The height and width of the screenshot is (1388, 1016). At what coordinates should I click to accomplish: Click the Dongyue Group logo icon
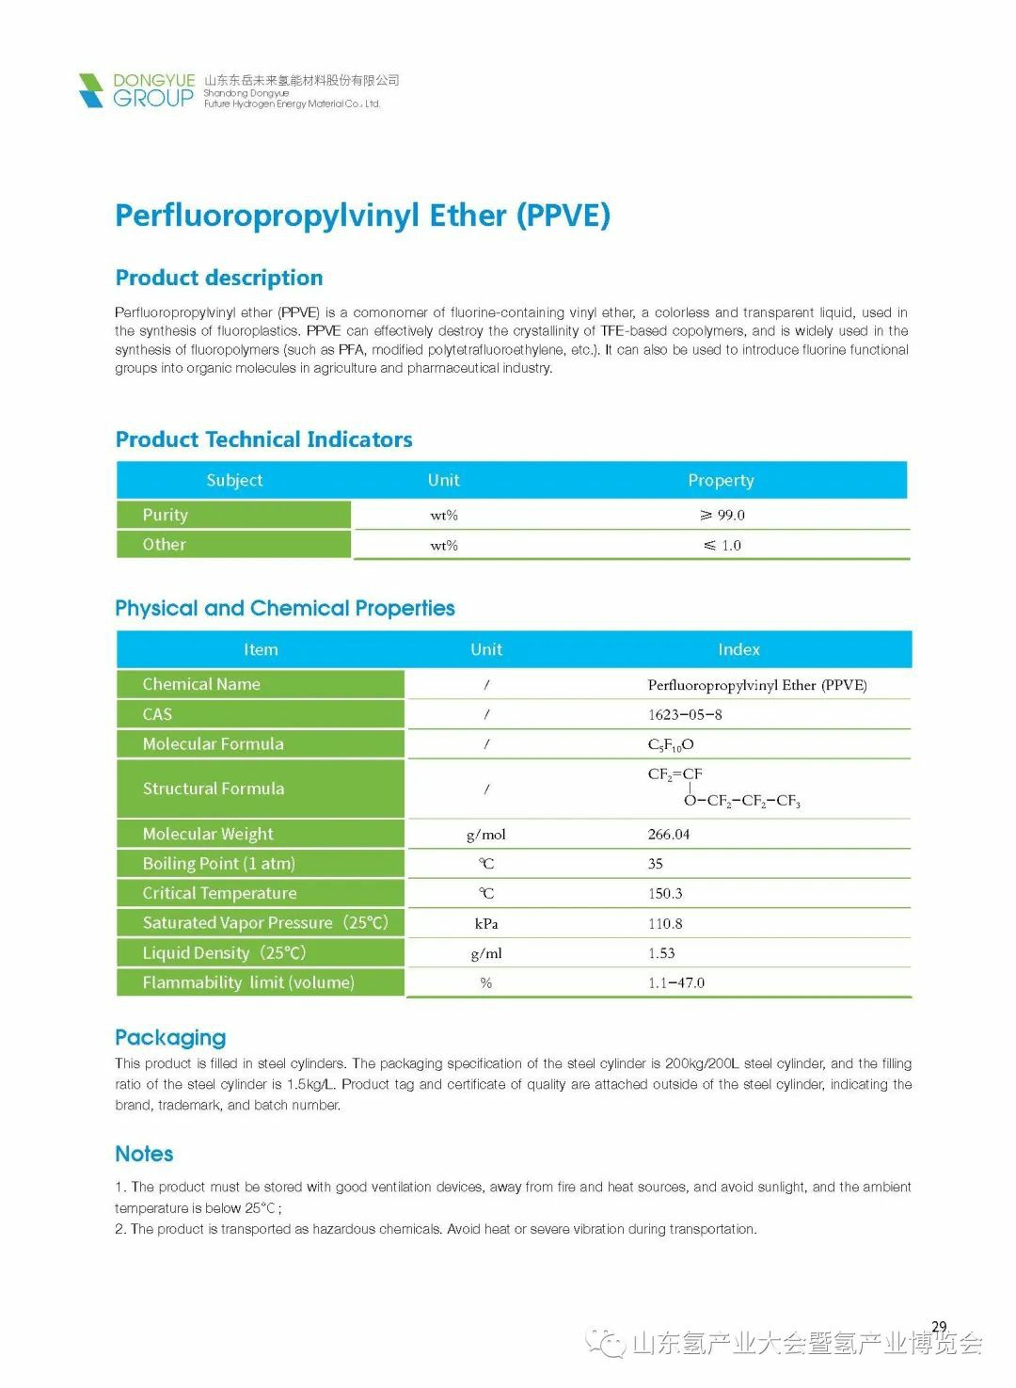[x=91, y=90]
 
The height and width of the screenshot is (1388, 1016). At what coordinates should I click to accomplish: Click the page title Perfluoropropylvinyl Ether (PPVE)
[x=362, y=215]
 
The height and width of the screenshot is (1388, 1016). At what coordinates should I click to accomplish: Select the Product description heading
[x=218, y=278]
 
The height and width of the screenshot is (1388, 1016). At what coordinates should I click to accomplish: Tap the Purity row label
[x=166, y=515]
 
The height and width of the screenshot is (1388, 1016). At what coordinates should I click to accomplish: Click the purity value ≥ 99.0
[x=722, y=515]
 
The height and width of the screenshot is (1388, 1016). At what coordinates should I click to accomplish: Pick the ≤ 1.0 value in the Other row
[x=722, y=545]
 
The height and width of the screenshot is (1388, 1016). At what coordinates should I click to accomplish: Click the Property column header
[x=721, y=480]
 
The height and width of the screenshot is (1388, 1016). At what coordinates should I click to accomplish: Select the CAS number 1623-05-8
[x=685, y=714]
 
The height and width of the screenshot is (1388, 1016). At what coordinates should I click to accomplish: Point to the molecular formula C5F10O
[x=671, y=744]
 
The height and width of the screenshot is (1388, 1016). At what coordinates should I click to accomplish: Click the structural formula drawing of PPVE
[x=722, y=788]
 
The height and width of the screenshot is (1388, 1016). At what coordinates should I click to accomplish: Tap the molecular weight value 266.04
[x=669, y=834]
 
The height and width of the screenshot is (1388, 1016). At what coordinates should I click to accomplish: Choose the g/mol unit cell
[x=485, y=834]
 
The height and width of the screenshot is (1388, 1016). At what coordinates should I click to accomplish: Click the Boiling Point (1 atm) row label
[x=218, y=863]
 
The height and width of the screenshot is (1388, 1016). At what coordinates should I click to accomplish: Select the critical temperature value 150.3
[x=665, y=893]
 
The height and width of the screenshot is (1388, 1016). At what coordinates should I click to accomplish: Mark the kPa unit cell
[x=485, y=923]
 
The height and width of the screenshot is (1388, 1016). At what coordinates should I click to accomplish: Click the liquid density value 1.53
[x=661, y=952]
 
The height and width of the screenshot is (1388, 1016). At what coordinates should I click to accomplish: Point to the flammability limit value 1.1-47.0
[x=675, y=982]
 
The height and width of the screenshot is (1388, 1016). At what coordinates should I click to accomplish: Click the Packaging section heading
[x=170, y=1037]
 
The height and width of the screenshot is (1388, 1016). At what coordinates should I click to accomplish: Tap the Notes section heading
[x=144, y=1154]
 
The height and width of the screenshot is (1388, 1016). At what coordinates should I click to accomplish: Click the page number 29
[x=939, y=1327]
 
